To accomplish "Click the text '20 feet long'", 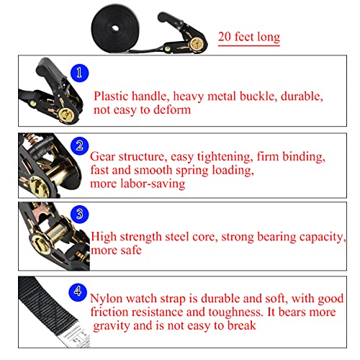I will click(249, 37).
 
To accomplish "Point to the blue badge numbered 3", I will click(81, 214).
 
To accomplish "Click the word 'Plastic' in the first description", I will click(114, 96).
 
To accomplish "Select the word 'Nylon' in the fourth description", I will click(107, 297).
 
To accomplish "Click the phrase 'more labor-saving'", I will click(137, 184).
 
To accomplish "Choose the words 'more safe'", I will click(116, 251).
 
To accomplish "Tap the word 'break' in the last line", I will click(238, 325).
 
